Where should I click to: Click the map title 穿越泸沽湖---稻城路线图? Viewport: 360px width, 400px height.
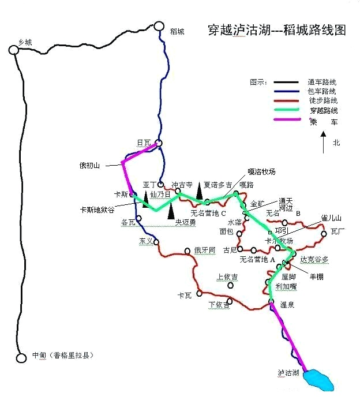[277, 30]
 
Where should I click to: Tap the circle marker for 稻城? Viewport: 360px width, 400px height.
[159, 26]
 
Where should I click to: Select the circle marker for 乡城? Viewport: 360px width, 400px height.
[14, 50]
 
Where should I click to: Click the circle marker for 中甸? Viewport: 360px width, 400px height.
[21, 358]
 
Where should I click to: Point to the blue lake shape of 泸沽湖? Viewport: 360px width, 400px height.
[319, 380]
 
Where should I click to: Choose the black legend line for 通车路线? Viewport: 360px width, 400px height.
[286, 82]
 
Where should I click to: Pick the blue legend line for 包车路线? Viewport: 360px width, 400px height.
[286, 91]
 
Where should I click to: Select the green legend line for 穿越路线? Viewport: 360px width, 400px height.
[286, 110]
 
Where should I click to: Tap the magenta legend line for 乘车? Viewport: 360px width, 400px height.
[286, 119]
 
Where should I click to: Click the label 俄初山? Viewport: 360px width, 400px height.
[89, 165]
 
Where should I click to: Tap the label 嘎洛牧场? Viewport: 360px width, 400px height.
[261, 171]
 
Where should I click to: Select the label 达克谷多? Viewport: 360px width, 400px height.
[314, 260]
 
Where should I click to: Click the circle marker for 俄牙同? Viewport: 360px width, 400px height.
[187, 251]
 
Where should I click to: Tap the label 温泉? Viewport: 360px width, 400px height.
[287, 305]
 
